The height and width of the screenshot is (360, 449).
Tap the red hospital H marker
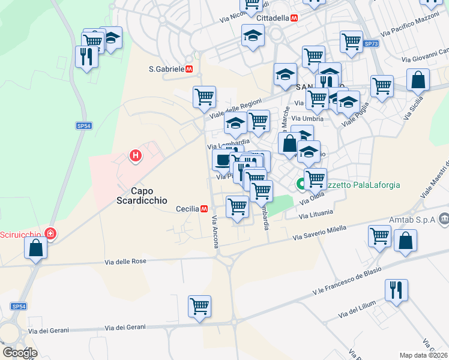[x=136, y=157]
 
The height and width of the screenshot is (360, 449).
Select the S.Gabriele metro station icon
[x=188, y=69]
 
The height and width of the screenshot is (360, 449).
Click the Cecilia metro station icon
[x=205, y=209]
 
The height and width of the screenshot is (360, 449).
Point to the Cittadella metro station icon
[x=294, y=18]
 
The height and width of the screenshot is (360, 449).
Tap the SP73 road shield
[x=371, y=44]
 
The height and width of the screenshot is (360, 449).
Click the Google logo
[x=20, y=352]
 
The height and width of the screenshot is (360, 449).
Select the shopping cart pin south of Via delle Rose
[x=199, y=306]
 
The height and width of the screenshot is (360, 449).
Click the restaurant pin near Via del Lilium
[x=396, y=290]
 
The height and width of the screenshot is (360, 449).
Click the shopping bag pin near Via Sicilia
[x=418, y=79]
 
